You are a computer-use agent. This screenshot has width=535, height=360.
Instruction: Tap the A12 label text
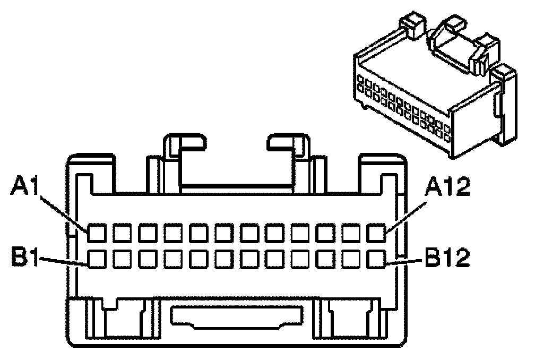449,186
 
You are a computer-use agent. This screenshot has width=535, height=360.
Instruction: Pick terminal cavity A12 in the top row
377,233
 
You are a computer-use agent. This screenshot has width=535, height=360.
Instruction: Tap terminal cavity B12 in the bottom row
377,259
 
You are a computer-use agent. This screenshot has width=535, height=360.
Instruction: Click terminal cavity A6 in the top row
224,233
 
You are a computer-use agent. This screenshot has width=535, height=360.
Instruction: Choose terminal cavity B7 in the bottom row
249,259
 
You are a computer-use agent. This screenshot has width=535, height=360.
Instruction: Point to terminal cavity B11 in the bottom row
351,259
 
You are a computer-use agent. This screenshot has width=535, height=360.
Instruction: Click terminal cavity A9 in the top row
300,233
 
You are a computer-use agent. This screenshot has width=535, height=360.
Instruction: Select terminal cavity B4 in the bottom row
173,259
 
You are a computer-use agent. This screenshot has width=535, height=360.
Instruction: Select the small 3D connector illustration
435,90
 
